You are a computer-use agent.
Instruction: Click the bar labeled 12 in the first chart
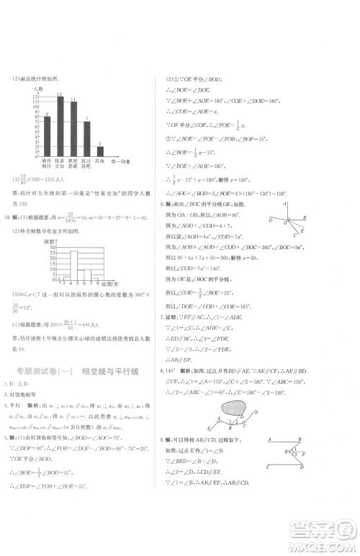tap(60, 127)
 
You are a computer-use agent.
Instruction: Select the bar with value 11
tap(73, 130)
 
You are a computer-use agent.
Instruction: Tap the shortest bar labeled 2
tap(99, 151)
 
